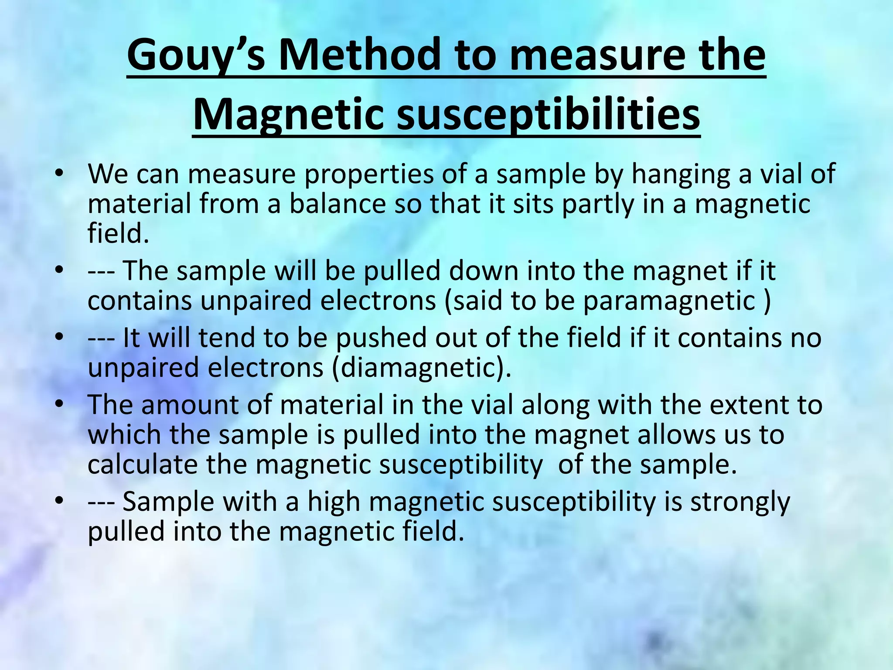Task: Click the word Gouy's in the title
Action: pyautogui.click(x=195, y=56)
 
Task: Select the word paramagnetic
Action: pyautogui.click(x=669, y=301)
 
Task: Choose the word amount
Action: pyautogui.click(x=190, y=405)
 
